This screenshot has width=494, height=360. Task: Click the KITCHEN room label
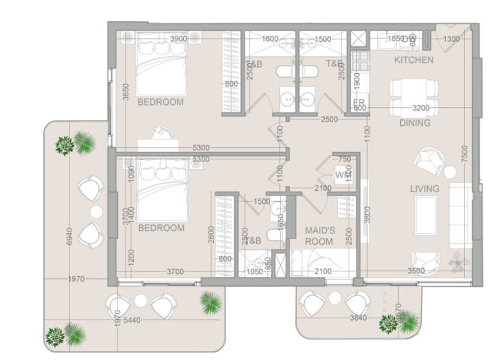(414, 60)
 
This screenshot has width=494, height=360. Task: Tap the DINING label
(415, 123)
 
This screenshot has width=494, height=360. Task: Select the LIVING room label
(425, 188)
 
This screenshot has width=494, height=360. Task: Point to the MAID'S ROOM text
(319, 235)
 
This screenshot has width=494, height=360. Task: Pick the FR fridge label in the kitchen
(359, 103)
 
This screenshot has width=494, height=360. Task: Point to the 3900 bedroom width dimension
(178, 39)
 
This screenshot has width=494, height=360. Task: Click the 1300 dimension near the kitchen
(452, 39)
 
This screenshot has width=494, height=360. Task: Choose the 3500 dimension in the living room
(416, 271)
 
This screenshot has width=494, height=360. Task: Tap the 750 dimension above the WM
(345, 159)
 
